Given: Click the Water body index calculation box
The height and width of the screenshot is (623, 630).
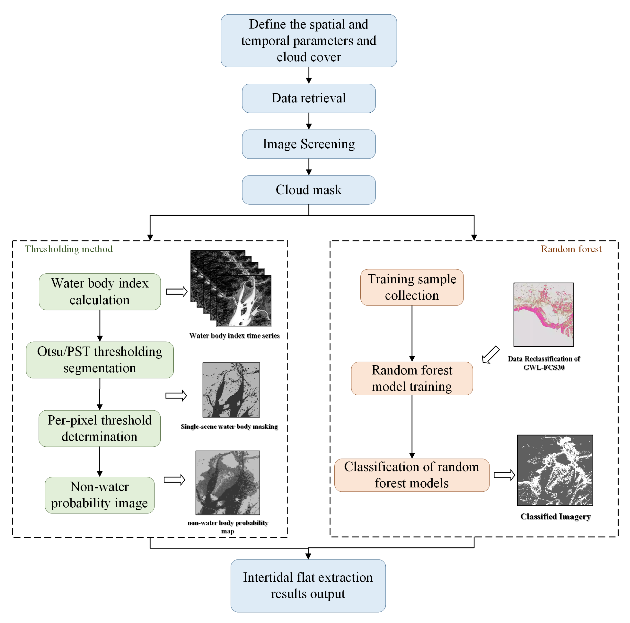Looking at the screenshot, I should pos(100,292).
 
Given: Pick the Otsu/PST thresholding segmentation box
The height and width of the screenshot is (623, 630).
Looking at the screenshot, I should pos(100,360).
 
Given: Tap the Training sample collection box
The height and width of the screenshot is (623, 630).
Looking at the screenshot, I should pos(412,287).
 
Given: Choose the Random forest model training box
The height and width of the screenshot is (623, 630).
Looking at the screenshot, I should pos(412,378).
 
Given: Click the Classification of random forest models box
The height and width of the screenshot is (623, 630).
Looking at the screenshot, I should pos(412,475).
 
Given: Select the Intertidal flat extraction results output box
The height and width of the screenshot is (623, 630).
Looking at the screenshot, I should pos(308,586).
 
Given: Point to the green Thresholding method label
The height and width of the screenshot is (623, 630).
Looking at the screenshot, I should pos(69,249).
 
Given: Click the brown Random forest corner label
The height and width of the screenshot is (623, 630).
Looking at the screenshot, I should pos(571,249).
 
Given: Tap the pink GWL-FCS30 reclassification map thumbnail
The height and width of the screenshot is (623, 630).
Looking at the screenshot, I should pos(544,314).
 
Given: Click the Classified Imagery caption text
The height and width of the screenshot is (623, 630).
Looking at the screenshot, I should pos(555,517).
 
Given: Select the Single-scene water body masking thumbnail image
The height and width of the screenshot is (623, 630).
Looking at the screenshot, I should pos(231,390).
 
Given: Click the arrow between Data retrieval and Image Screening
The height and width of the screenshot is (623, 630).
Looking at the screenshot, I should pos(309,121).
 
